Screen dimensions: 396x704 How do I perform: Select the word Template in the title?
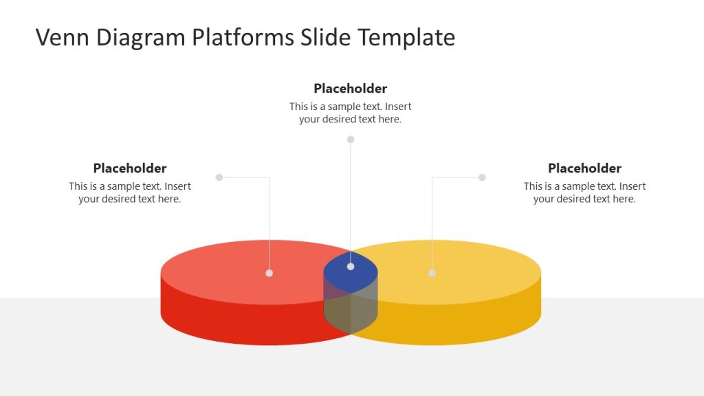pyautogui.click(x=406, y=37)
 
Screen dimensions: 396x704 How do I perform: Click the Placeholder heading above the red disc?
pyautogui.click(x=130, y=168)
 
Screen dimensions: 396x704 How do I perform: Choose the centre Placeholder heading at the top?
pyautogui.click(x=351, y=89)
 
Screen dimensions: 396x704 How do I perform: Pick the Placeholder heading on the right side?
pyautogui.click(x=584, y=168)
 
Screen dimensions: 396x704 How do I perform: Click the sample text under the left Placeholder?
pyautogui.click(x=130, y=192)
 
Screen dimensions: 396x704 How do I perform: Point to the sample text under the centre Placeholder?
pyautogui.click(x=351, y=113)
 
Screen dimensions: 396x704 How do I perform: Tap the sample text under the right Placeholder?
pyautogui.click(x=584, y=192)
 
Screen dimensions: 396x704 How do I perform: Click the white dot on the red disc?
pyautogui.click(x=269, y=273)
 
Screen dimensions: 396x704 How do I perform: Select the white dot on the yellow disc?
pyautogui.click(x=432, y=273)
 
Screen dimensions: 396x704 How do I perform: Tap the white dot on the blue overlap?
pyautogui.click(x=351, y=266)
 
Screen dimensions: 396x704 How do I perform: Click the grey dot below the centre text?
pyautogui.click(x=351, y=140)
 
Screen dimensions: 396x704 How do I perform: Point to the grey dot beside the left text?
pyautogui.click(x=219, y=177)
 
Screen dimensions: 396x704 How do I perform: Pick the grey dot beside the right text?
pyautogui.click(x=482, y=177)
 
